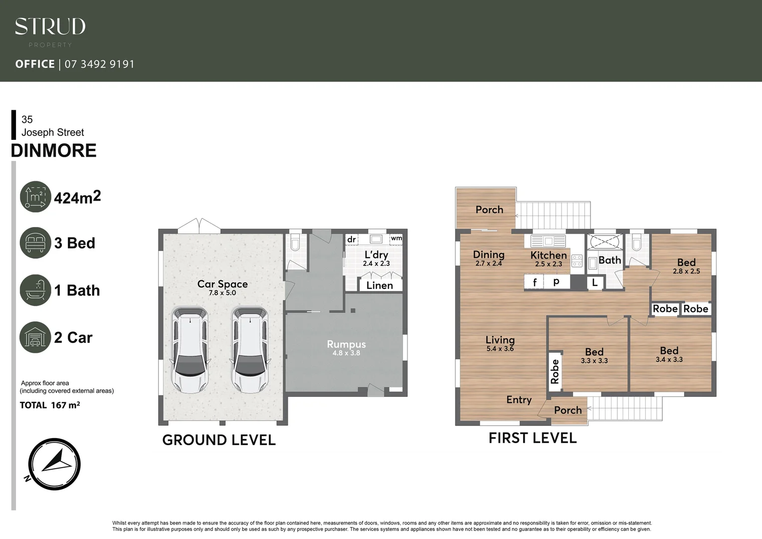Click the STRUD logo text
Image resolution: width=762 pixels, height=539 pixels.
coord(50,26)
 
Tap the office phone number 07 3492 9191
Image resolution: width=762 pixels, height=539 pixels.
coord(99,64)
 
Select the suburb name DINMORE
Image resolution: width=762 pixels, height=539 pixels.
coord(54,150)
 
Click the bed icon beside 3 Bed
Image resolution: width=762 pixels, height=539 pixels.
coord(35,243)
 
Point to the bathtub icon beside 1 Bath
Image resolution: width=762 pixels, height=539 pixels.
coord(35,290)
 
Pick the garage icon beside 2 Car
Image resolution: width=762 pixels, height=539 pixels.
coord(35,337)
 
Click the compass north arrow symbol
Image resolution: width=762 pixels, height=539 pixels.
coord(54,464)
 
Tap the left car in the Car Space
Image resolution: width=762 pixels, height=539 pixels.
coord(190,349)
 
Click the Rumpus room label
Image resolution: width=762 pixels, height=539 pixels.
coord(346,344)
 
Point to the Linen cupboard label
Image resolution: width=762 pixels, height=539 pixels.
coord(380,285)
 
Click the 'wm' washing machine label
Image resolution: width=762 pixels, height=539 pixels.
coord(396,238)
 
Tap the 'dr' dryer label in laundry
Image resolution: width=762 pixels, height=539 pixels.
coord(352,240)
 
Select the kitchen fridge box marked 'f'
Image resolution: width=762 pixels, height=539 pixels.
coord(534,282)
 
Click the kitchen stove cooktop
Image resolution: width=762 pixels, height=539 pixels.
coord(576,261)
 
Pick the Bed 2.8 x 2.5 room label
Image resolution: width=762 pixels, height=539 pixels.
coord(686,263)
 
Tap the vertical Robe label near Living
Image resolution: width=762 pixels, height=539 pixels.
coord(555,372)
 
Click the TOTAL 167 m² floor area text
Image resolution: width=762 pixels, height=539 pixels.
coord(50,405)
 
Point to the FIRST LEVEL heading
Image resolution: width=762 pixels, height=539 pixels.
coord(532,438)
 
